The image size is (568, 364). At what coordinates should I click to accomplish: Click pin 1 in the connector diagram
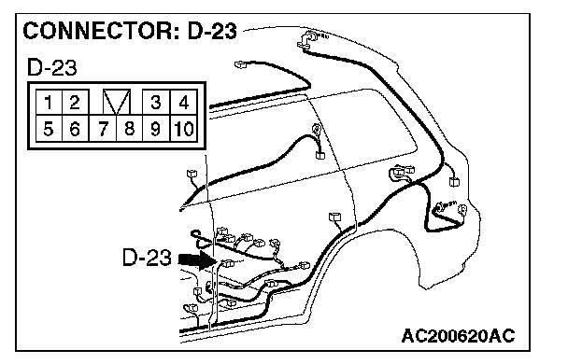[x=49, y=103]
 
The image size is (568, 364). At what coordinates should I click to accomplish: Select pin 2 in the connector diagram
[x=76, y=103]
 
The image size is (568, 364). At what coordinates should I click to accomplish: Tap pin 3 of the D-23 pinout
[x=156, y=103]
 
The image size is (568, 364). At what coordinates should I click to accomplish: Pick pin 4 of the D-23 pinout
[x=184, y=103]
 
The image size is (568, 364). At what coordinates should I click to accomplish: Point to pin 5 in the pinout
[x=49, y=129]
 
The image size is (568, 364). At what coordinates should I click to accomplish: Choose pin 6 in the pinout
[x=76, y=129]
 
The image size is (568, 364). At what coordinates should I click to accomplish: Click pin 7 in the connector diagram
[x=103, y=129]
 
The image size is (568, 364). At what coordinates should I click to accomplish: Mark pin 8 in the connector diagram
[x=129, y=129]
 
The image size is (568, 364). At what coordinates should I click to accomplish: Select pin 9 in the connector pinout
[x=156, y=129]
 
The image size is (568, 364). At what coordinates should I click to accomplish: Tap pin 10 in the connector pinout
[x=184, y=129]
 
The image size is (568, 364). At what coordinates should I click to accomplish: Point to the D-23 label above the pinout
[x=52, y=67]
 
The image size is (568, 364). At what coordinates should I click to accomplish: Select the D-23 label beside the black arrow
[x=147, y=258]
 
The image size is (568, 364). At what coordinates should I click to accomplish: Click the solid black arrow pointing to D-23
[x=197, y=259]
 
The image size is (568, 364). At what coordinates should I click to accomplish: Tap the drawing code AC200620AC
[x=458, y=336]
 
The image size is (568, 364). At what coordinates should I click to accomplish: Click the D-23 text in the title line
[x=212, y=31]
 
